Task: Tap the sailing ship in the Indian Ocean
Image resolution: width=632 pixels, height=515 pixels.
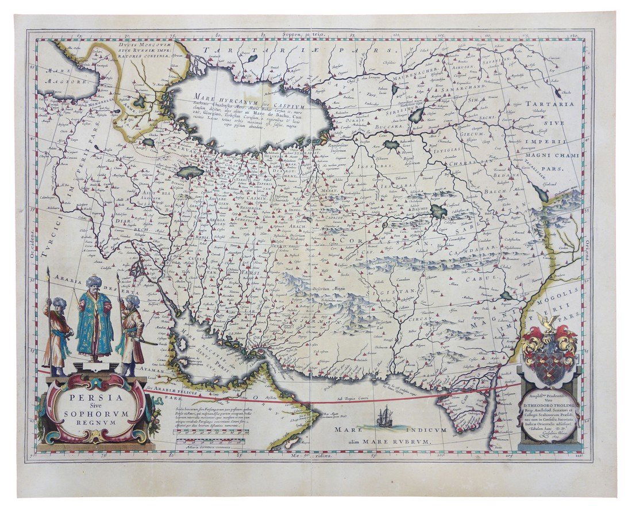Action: click(383, 415)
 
